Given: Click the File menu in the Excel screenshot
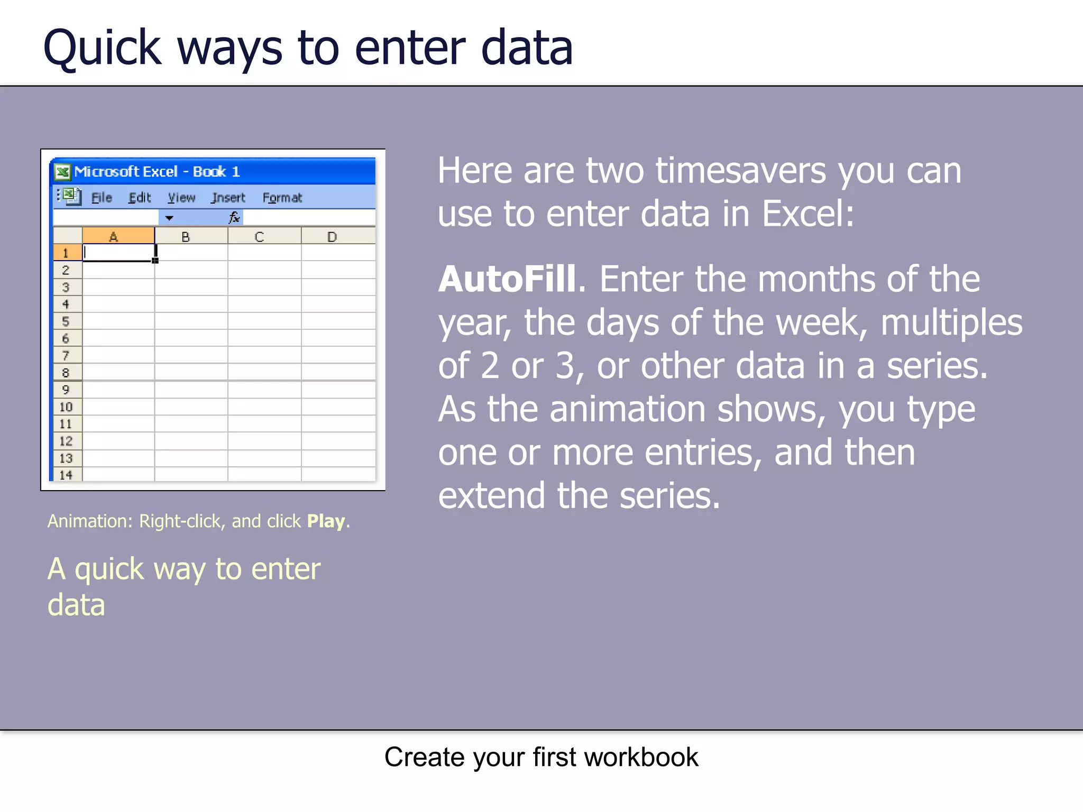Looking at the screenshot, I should pos(102,198).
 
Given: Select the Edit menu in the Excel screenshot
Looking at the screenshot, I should pos(140,198).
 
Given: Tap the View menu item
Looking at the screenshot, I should pos(181,198).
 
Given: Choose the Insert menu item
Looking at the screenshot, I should pos(228,198).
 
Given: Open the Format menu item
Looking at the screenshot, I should pos(282,198).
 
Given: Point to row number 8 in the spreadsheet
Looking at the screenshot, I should pos(66,373).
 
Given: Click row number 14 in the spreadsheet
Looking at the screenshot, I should pos(66,475).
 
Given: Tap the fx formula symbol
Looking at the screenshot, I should pos(234,217).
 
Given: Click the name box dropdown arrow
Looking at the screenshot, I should pos(169,218).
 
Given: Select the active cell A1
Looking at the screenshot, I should pos(118,253).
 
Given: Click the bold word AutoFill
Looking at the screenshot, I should pos(507,279).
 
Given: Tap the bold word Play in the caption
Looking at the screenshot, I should pos(326,521).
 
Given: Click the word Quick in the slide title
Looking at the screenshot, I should pos(102,49).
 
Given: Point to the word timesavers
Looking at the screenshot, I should pos(740,171).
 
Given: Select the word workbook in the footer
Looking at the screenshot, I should pos(641,757).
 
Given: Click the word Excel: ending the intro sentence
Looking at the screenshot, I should pos(807,214).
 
